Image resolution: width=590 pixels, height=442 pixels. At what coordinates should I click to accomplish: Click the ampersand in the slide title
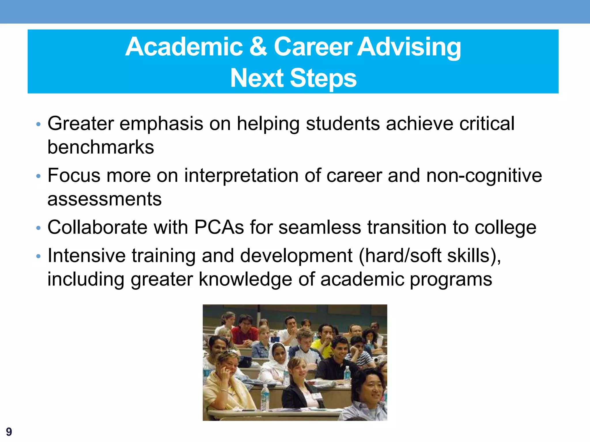point(258,47)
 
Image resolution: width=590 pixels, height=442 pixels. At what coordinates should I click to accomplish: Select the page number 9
point(9,432)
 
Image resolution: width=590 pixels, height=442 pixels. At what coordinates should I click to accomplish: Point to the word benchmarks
point(101,147)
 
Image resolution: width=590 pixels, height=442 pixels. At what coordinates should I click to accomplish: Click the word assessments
point(104,199)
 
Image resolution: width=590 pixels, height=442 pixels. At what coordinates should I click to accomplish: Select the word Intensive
point(86,256)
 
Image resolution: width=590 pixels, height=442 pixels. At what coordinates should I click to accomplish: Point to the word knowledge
point(245,279)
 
